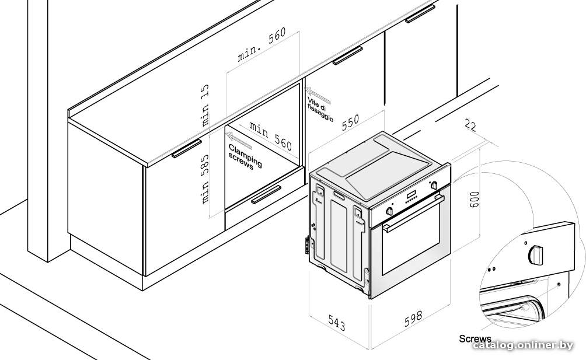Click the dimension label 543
pos(337,322)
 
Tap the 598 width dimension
pos(414,318)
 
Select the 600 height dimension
pos(474,200)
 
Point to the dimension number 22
pos(470,125)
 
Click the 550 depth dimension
pos(350,122)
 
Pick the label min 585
pos(205,179)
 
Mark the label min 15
pos(205,105)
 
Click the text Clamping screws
pos(245,157)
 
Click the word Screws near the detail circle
pos(475,339)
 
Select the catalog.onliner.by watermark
pos(522,345)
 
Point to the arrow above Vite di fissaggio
pos(318,95)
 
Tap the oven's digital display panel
pos(411,195)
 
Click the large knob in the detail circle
pos(536,255)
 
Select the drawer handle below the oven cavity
pos(266,194)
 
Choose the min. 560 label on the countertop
pos(261,44)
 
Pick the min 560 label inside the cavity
pos(271,136)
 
